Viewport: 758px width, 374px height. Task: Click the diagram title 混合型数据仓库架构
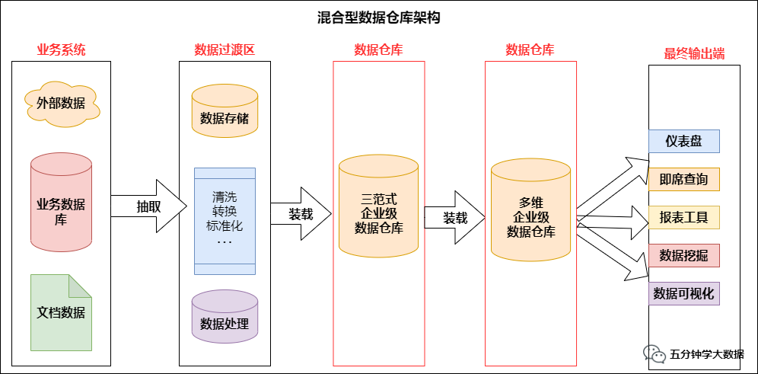pyautogui.click(x=379, y=18)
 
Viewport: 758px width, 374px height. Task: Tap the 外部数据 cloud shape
pyautogui.click(x=62, y=104)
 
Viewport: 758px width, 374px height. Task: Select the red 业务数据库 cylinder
pyautogui.click(x=62, y=203)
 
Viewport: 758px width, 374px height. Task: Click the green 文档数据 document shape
pyautogui.click(x=62, y=312)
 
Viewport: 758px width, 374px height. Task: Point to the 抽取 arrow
pyautogui.click(x=149, y=206)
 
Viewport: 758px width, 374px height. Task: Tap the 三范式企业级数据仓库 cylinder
pyautogui.click(x=378, y=206)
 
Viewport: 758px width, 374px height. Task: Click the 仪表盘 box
pyautogui.click(x=683, y=141)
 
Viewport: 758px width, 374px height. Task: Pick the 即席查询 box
pyautogui.click(x=683, y=180)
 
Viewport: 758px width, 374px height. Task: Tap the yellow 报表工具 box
pyautogui.click(x=683, y=218)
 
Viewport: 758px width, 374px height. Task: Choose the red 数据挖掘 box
pyautogui.click(x=683, y=256)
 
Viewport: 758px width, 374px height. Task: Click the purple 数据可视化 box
pyautogui.click(x=683, y=294)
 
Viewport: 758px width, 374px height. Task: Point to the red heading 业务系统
pyautogui.click(x=62, y=50)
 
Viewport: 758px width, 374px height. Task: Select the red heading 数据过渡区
pyautogui.click(x=225, y=50)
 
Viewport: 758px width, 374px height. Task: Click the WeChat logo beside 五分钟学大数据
pyautogui.click(x=654, y=353)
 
